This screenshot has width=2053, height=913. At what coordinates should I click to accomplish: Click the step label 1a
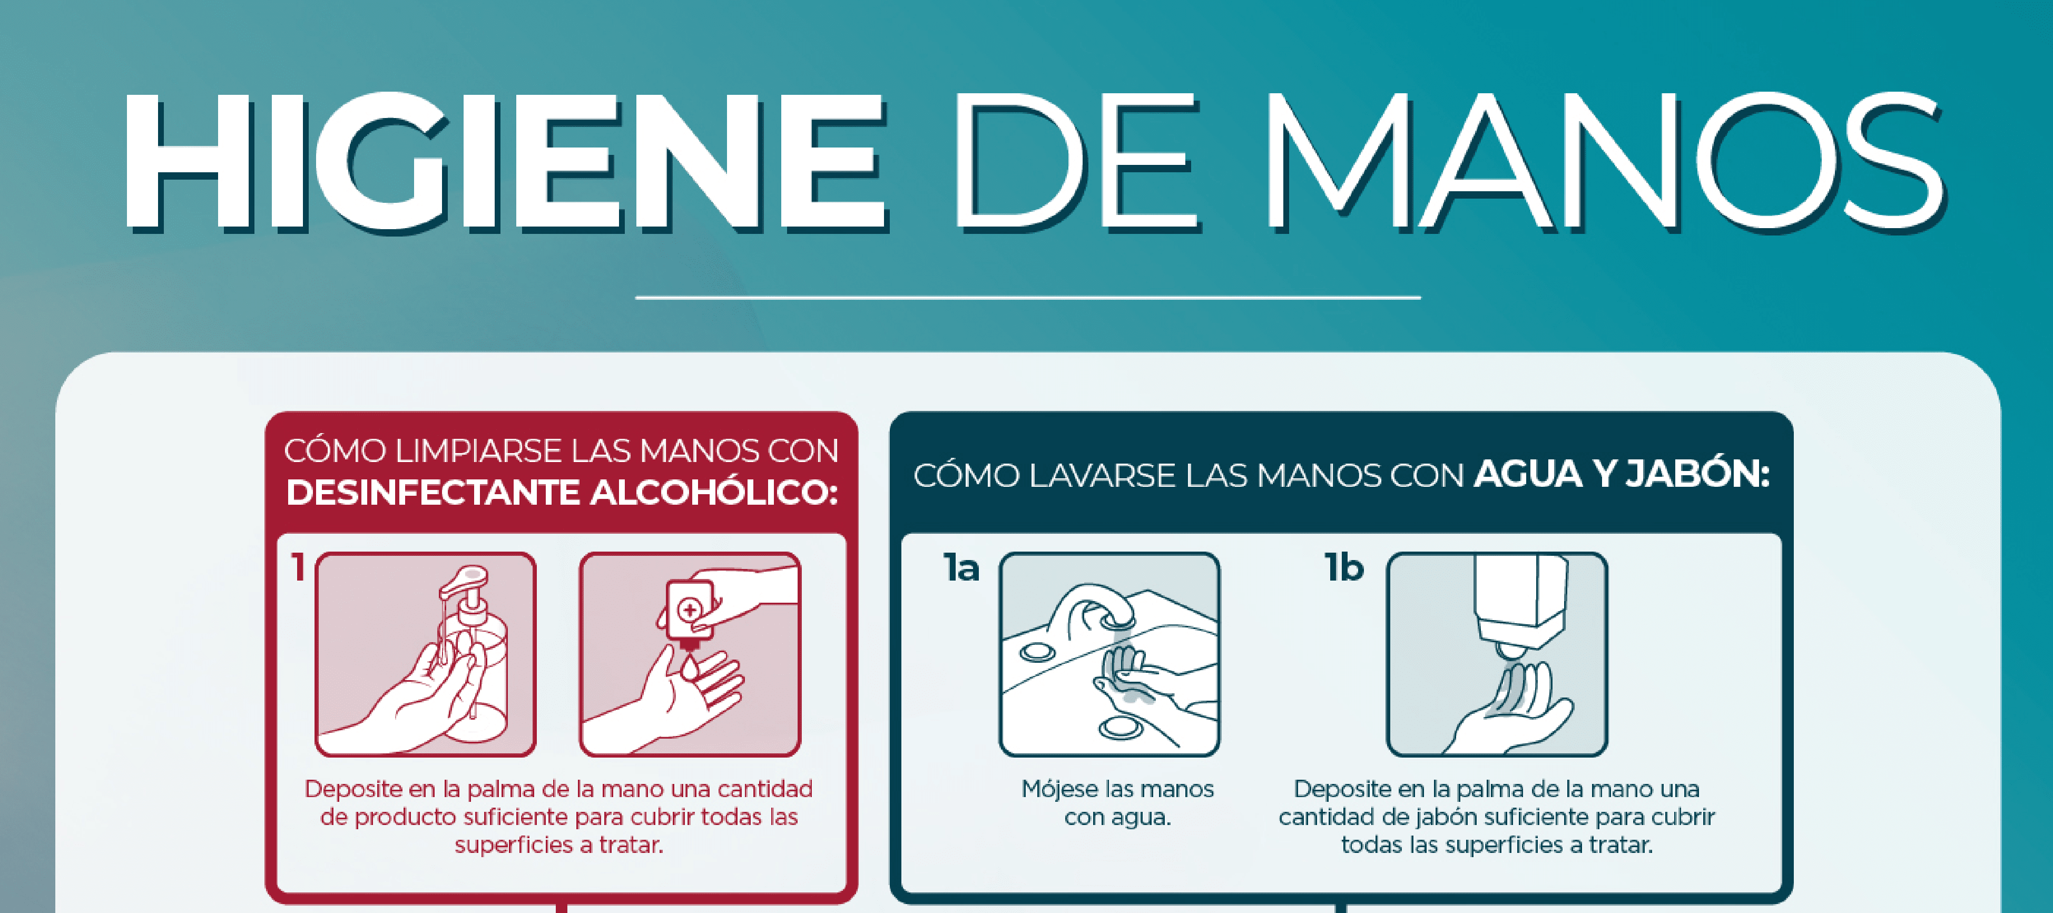pos(961,568)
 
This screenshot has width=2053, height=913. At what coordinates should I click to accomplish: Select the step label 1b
pos(1344,568)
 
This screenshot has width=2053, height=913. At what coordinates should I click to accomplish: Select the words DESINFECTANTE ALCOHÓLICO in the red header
pos(562,493)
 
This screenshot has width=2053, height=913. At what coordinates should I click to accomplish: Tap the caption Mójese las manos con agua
pos(1117,803)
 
